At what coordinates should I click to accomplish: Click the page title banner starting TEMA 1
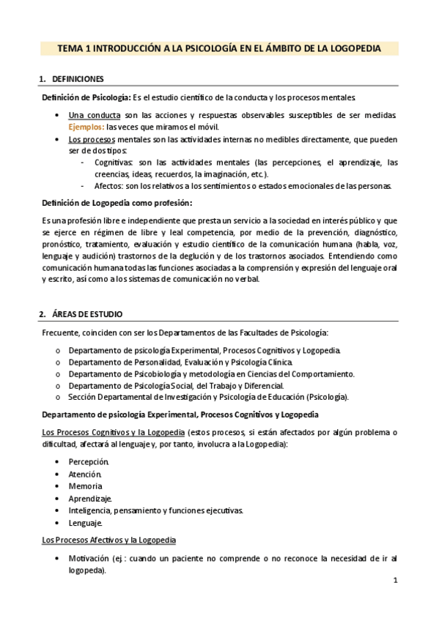(219, 48)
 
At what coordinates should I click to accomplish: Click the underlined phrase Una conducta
(95, 115)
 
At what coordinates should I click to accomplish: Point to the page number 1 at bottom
(395, 581)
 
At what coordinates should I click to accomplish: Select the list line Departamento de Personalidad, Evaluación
(181, 362)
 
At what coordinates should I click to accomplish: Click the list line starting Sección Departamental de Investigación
(208, 397)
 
